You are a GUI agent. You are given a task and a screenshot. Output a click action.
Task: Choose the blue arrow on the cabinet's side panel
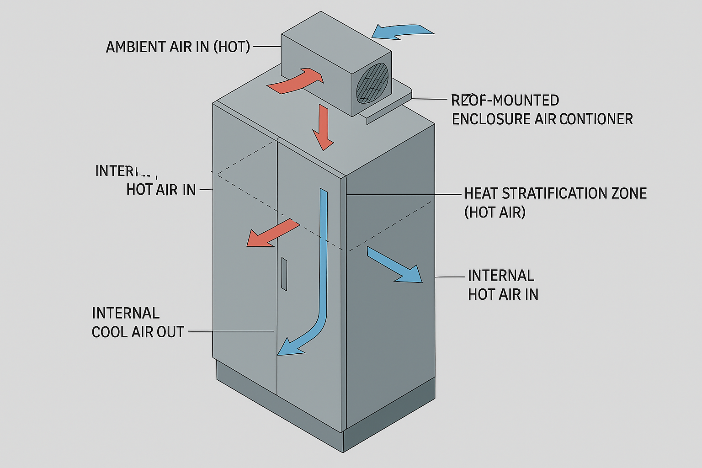pyautogui.click(x=395, y=266)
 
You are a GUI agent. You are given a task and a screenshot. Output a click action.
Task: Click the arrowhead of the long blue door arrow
pyautogui.click(x=288, y=347)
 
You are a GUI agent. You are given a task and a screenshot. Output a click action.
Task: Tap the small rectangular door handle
pyautogui.click(x=284, y=274)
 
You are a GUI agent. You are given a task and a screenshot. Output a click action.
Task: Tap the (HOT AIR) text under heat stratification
pyautogui.click(x=495, y=213)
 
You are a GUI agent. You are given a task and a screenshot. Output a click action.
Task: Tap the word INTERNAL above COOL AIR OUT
pyautogui.click(x=126, y=314)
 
